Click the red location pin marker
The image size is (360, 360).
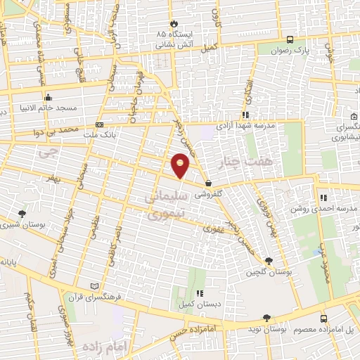[181, 164]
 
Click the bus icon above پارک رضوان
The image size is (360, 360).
[291, 39]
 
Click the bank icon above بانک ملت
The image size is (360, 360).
[98, 124]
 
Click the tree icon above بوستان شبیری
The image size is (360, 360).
[22, 214]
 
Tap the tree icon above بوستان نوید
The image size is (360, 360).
[266, 318]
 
